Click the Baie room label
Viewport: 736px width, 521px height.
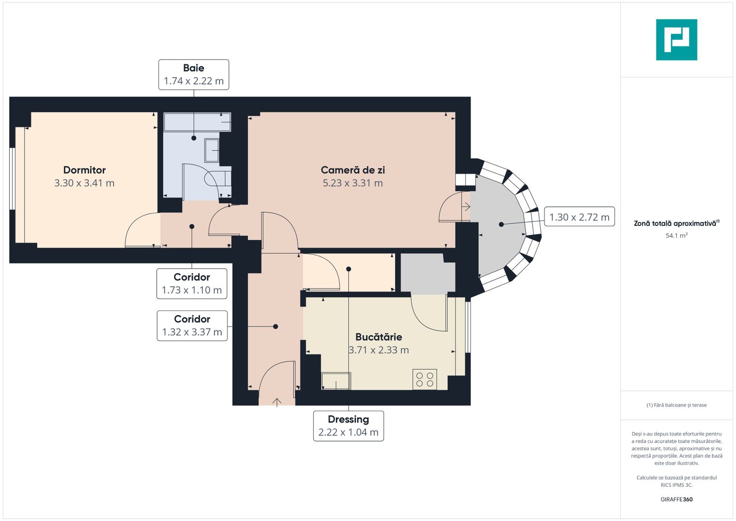coord(193,68)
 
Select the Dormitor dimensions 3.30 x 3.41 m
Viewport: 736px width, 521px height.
coord(84,183)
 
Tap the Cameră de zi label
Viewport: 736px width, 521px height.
coord(353,170)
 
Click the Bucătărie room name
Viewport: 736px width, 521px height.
coord(378,337)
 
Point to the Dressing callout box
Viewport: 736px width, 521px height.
coord(348,425)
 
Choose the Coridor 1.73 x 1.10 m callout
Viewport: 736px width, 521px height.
coord(192,284)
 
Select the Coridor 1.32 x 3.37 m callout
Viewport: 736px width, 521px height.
coord(192,326)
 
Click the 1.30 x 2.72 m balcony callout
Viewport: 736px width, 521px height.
coord(579,217)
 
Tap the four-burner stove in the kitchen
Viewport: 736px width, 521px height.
coord(425,379)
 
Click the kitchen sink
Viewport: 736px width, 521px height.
coord(336,381)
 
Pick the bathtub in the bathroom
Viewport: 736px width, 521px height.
coord(197,122)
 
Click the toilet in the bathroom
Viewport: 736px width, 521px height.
coord(217,178)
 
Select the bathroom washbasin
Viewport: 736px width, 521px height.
coord(212,150)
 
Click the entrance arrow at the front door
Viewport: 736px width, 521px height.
coord(277,402)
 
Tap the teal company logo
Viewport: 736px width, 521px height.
coord(676,40)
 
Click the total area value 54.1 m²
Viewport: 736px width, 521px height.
coord(676,235)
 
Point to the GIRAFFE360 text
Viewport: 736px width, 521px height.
coord(676,499)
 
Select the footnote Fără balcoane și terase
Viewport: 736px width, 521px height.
coord(676,405)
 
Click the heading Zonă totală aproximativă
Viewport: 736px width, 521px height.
coord(675,223)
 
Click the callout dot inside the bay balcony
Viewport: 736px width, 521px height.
coord(501,224)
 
